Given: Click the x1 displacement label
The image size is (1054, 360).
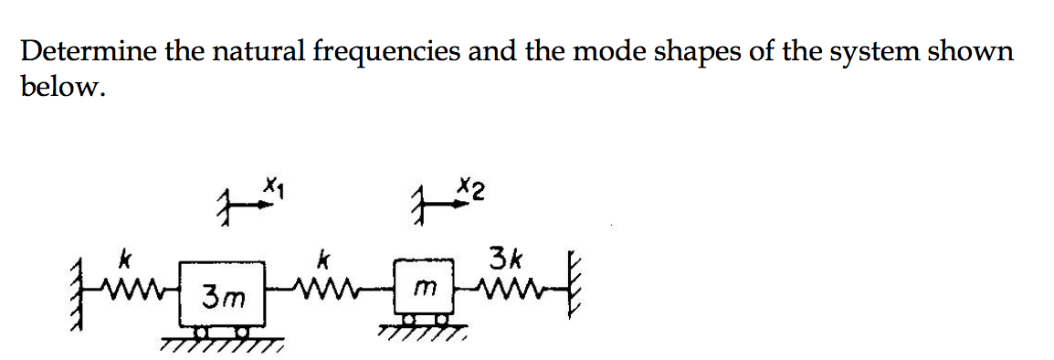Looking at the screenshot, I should [272, 190].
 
